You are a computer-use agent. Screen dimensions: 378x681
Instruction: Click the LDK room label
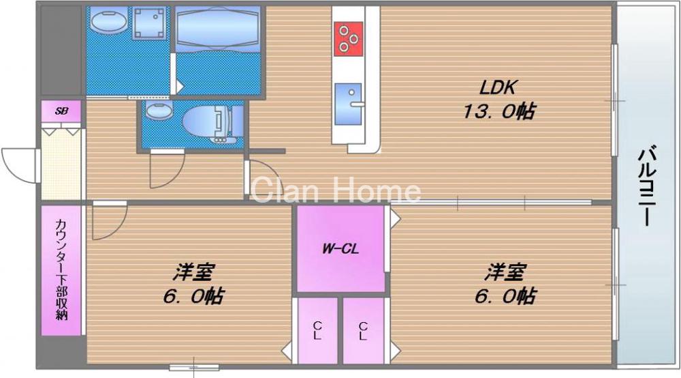coord(500,88)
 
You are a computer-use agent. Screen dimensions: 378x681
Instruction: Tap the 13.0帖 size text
coord(498,112)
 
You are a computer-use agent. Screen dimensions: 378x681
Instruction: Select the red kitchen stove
coord(348,38)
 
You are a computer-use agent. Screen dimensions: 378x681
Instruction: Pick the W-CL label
coord(340,248)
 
